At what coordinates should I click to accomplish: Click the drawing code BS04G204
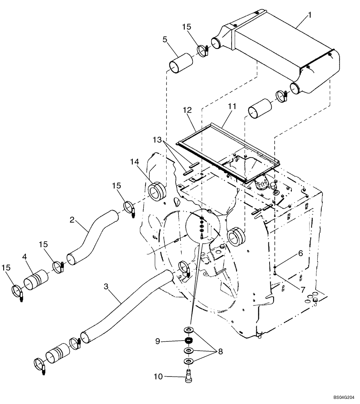[343, 398]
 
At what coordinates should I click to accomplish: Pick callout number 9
[159, 341]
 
